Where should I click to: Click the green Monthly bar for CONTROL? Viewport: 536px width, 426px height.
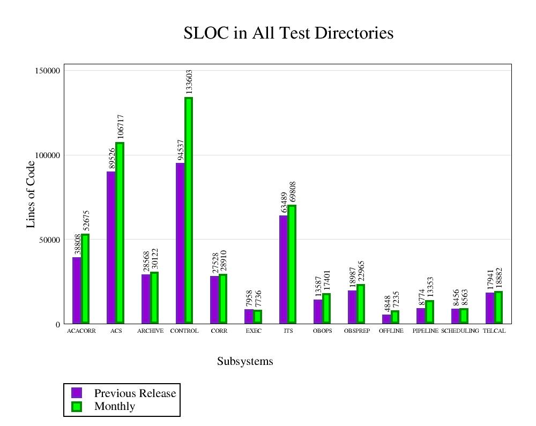click(189, 210)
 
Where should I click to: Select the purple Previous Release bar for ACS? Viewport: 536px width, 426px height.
click(111, 247)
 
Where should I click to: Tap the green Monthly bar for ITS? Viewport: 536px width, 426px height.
click(292, 264)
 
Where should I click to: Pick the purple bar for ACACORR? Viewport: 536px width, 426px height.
click(77, 290)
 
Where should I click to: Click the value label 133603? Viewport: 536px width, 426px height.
click(189, 82)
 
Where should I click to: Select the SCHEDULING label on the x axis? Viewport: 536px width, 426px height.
click(460, 331)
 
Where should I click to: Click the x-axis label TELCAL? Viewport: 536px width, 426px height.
click(494, 331)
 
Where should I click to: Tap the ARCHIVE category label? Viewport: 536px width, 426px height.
click(150, 331)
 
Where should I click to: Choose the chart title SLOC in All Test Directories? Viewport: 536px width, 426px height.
click(288, 33)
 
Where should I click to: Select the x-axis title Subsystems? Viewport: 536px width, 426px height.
click(245, 362)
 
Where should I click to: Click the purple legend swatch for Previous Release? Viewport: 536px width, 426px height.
click(77, 393)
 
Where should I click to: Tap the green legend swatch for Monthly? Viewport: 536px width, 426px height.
click(77, 406)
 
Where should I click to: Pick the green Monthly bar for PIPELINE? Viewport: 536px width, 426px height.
click(429, 312)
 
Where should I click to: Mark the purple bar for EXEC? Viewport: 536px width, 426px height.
click(249, 316)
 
